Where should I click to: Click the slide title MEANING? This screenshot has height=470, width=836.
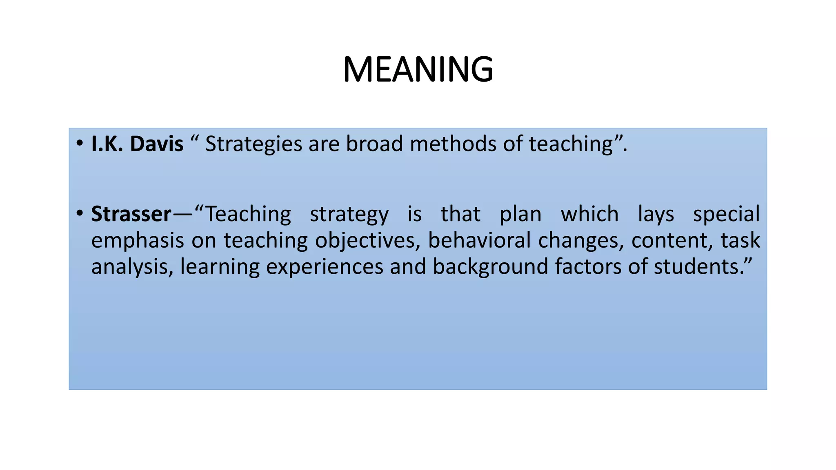(x=418, y=69)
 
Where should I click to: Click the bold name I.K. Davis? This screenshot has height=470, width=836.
(x=137, y=144)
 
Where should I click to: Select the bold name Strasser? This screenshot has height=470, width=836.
(x=131, y=214)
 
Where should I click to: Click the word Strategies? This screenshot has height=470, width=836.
(x=253, y=144)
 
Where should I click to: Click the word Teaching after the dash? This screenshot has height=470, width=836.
(x=248, y=214)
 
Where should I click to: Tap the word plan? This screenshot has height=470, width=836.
(x=520, y=214)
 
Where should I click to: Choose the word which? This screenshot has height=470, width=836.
(x=589, y=214)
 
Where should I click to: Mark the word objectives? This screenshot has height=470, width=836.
(x=367, y=241)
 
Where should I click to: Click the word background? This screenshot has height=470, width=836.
(x=490, y=267)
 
